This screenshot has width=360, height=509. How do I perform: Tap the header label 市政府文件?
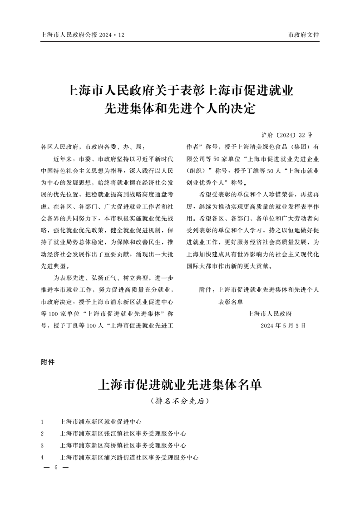304,35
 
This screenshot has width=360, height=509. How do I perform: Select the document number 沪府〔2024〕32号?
287,135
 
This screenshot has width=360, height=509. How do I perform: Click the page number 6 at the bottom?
55,467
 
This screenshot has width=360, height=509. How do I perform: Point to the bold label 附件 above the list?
47,362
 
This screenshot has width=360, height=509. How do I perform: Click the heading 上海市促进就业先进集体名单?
180,386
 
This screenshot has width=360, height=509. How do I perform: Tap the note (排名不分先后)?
180,401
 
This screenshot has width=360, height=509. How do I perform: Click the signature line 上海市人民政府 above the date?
270,313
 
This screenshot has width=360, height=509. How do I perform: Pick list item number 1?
42,421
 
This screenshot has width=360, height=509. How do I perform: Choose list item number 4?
42,457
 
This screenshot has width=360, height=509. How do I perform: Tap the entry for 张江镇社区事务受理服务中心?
123,433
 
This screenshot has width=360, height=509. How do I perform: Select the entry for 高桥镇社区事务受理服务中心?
123,445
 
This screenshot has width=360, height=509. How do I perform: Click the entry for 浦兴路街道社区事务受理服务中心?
129,457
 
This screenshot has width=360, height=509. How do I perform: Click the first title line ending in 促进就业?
180,89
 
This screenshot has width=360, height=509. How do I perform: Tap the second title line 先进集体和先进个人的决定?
180,109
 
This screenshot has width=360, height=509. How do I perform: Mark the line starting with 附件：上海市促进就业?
259,289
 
